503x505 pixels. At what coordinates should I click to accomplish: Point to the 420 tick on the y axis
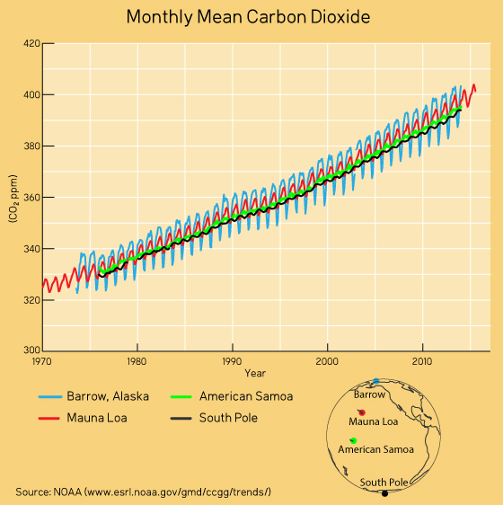pos(31,43)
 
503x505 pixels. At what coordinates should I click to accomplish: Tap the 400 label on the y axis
pos(31,94)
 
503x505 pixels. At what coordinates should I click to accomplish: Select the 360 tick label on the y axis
pos(31,198)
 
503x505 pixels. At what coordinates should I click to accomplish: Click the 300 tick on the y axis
pos(31,351)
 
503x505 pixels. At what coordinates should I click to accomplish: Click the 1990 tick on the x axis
pos(233,360)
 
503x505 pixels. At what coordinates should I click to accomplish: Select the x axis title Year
pos(255,373)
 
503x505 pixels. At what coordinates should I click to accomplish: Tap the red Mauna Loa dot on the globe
pos(361,412)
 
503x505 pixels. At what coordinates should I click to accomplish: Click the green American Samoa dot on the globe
pos(353,439)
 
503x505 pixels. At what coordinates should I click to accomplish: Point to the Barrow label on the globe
pos(369,394)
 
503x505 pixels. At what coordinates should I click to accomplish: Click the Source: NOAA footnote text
pos(144,492)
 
